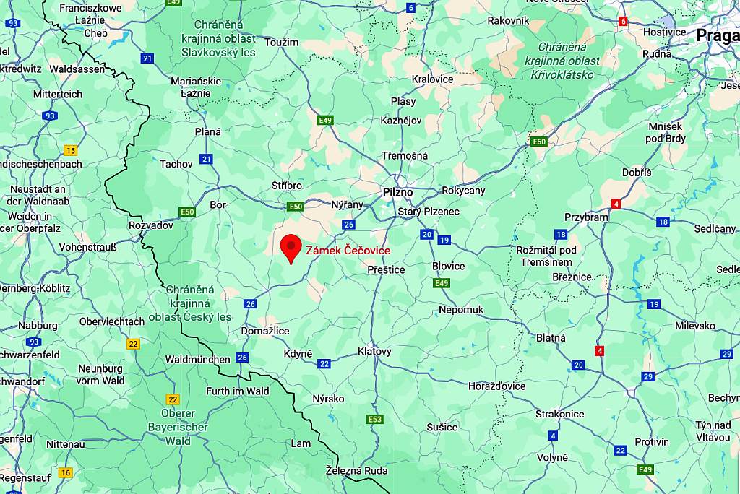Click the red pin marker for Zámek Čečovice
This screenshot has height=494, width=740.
291,248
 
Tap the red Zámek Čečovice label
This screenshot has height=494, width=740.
348,251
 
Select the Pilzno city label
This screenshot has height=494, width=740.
397,193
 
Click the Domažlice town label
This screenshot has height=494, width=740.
264,331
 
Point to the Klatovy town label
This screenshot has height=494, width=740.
374,352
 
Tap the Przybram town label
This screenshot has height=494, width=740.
585,217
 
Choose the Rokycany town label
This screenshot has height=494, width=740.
463,191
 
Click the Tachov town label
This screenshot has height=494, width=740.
176,164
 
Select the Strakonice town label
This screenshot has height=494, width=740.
559,414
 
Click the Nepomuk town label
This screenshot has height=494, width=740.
461,310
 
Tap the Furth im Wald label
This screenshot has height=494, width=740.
237,391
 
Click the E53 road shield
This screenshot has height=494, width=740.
374,420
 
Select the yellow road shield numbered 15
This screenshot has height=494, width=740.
70,150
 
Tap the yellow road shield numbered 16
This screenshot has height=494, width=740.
66,473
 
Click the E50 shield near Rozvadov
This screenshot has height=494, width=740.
187,212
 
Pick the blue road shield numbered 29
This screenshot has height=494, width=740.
647,376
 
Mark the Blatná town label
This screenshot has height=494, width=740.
551,337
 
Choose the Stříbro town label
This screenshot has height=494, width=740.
287,186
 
